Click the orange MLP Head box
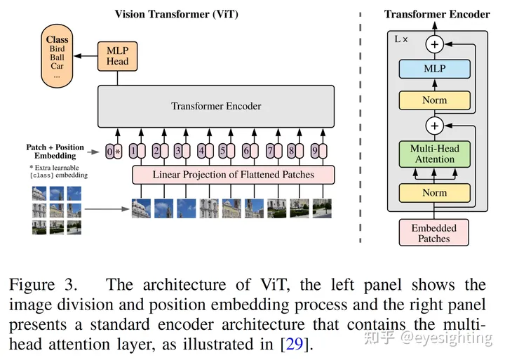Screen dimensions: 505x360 click(x=118, y=56)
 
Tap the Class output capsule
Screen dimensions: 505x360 click(x=57, y=55)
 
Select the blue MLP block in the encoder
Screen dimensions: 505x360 click(x=434, y=69)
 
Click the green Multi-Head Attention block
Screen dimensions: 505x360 click(x=434, y=154)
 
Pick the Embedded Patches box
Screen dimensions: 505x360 click(x=434, y=233)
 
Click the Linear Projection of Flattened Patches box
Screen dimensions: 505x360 click(x=233, y=175)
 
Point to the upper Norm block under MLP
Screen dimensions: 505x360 click(x=434, y=100)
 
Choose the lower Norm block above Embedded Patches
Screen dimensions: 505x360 click(x=434, y=193)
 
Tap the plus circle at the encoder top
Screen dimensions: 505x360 click(x=434, y=44)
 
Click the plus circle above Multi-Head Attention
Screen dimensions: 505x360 click(x=434, y=126)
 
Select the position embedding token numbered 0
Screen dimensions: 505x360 click(x=110, y=151)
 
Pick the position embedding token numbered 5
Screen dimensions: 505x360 click(x=222, y=151)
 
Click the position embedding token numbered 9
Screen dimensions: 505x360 click(x=315, y=151)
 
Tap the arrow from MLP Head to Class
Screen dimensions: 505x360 click(x=86, y=56)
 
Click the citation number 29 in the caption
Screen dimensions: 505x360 click(x=295, y=344)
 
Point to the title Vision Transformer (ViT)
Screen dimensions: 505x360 click(x=177, y=14)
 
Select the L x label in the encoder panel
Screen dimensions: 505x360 click(x=401, y=39)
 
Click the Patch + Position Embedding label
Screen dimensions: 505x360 click(x=55, y=152)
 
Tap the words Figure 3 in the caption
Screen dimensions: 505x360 click(x=43, y=285)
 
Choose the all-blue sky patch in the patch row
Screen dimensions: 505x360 click(x=186, y=208)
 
